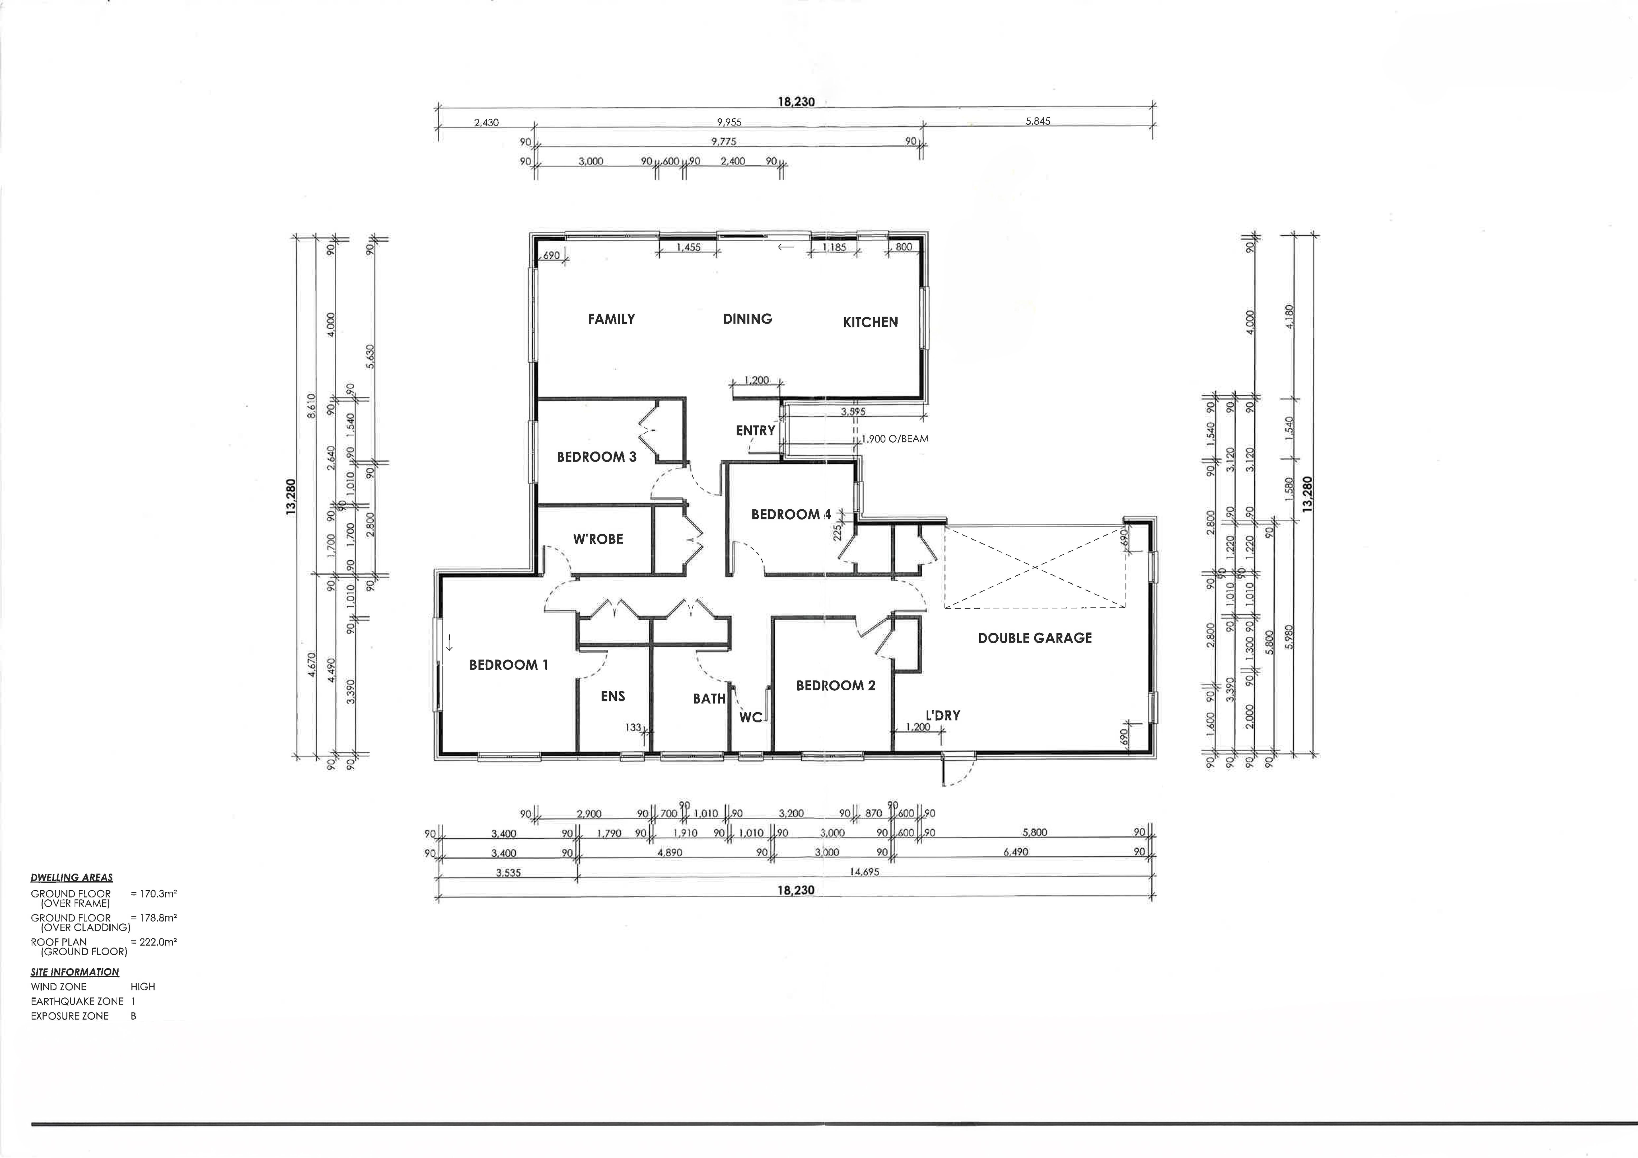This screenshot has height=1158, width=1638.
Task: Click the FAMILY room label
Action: coord(611,319)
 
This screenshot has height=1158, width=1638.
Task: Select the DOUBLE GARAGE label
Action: coord(1035,638)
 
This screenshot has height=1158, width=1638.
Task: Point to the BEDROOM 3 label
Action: coord(596,457)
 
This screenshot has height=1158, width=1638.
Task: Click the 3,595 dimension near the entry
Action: coord(853,412)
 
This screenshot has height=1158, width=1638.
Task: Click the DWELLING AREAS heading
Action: coord(71,878)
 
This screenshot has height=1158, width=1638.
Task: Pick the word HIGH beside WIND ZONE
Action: coord(143,987)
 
